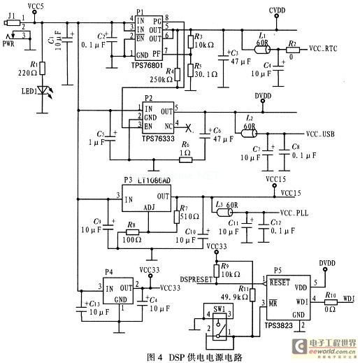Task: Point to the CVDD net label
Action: pos(280,10)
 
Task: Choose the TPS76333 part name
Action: pos(157,138)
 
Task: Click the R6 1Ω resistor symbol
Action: pos(185,159)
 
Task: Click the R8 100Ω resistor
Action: pos(132,232)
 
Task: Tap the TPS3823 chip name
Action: pos(280,327)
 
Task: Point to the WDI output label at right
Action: pos(348,299)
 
